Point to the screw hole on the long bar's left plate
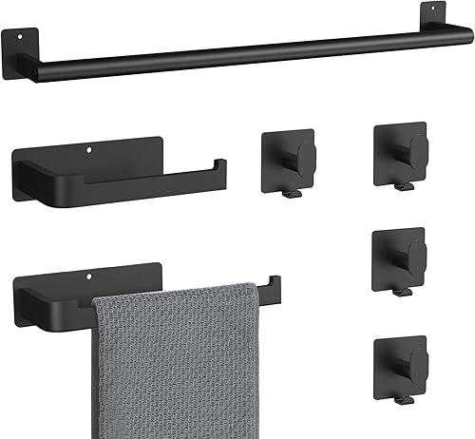click(20, 38)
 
